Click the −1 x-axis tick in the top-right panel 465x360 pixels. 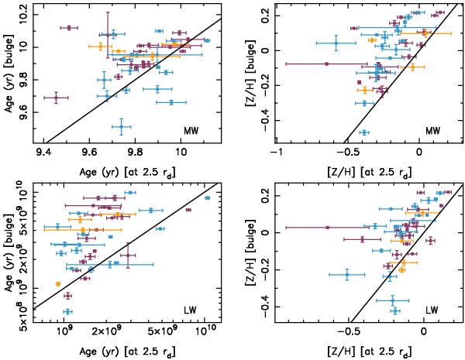pos(275,151)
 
